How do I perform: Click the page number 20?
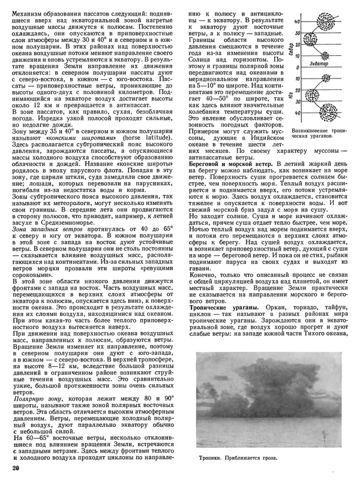16,468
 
